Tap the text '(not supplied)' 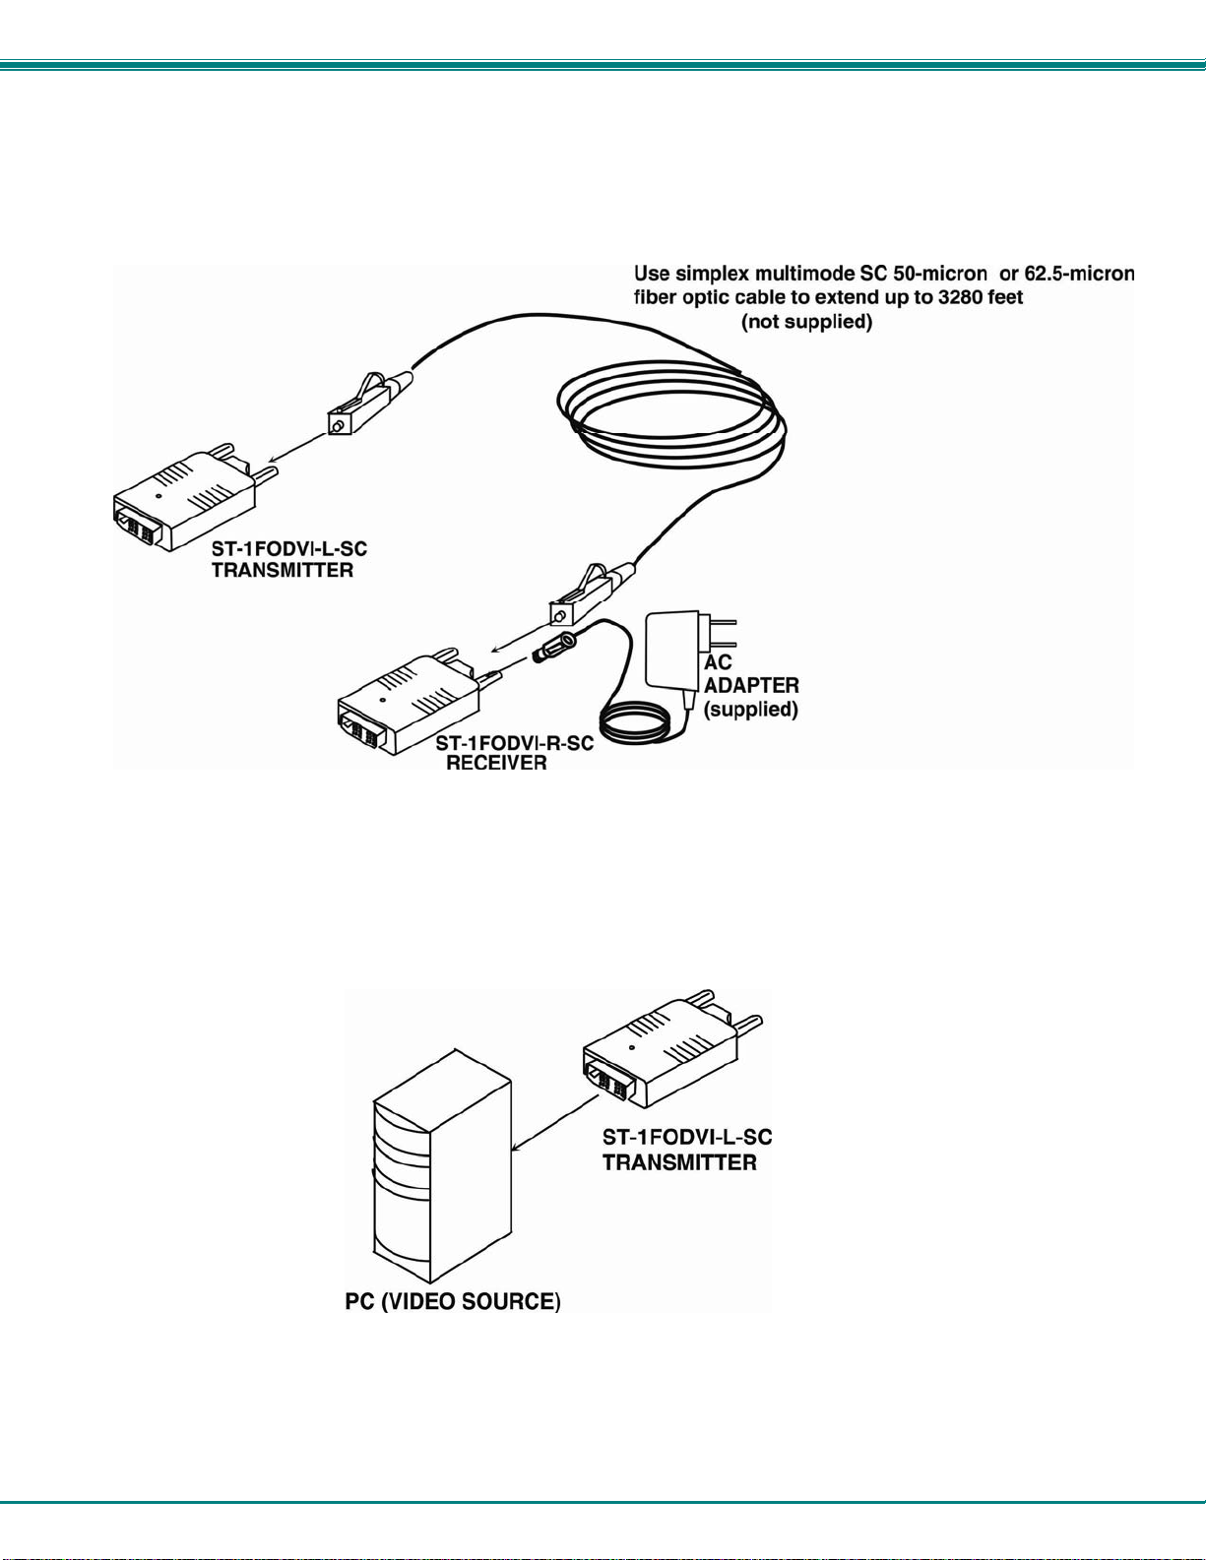[x=806, y=322]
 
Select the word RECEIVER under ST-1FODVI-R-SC [x=496, y=763]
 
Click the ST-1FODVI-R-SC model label [x=514, y=742]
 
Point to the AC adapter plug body [x=673, y=650]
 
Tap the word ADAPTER [x=751, y=685]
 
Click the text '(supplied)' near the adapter [x=751, y=709]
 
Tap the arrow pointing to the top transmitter [x=295, y=448]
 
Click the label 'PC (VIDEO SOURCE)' [x=453, y=1302]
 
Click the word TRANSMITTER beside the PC [x=679, y=1162]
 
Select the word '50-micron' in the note [x=940, y=274]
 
